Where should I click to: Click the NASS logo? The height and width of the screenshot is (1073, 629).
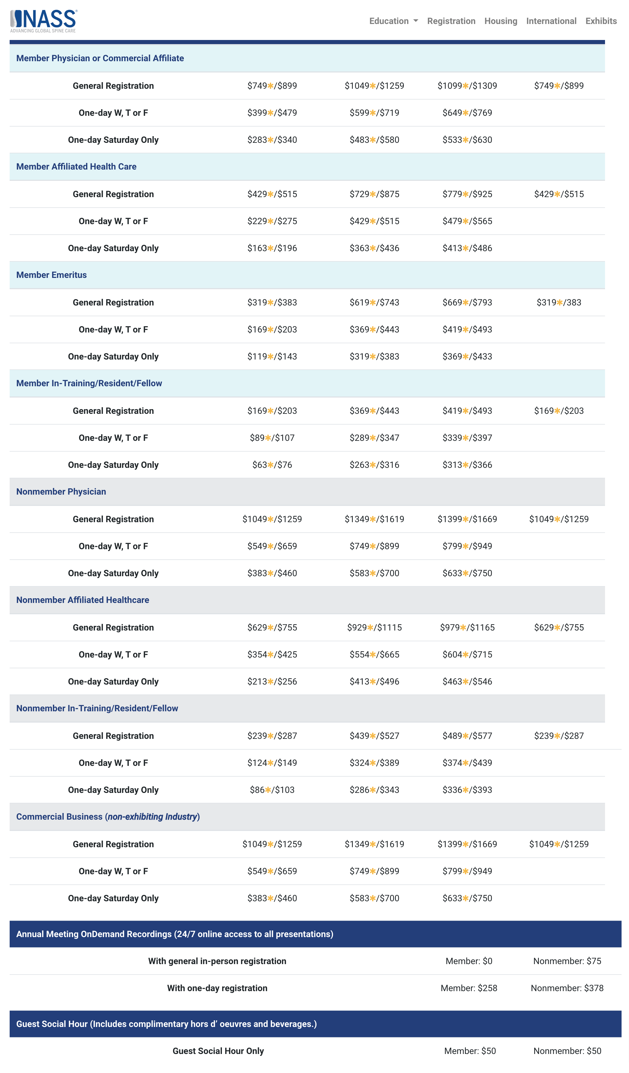[x=43, y=20]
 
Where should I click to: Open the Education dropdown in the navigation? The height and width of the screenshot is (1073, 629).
[x=393, y=21]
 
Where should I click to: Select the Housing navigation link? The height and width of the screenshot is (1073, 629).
[x=501, y=21]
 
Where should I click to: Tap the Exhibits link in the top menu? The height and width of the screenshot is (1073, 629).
[x=601, y=21]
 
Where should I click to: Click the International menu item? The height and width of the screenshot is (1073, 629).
[x=551, y=21]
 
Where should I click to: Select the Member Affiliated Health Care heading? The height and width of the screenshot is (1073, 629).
[x=76, y=167]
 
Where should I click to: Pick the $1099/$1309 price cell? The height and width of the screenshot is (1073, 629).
[x=467, y=85]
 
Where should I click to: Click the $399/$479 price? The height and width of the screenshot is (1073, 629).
[x=272, y=113]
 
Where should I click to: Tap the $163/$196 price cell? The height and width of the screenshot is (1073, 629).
[x=272, y=248]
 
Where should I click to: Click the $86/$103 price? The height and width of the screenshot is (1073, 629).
[x=272, y=790]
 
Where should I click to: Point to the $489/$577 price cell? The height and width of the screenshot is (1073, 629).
[x=467, y=736]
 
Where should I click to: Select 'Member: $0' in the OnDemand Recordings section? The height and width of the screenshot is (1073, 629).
[x=469, y=961]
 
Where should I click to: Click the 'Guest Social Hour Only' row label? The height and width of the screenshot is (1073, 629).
[x=218, y=1051]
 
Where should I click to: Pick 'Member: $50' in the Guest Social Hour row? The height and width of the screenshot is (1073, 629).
[x=470, y=1051]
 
